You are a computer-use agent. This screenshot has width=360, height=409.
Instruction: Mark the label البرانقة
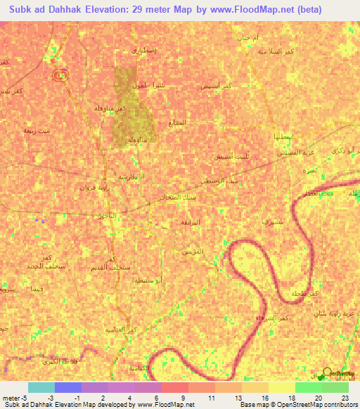click(x=190, y=221)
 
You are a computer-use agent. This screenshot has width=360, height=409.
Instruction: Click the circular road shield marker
click(x=60, y=76)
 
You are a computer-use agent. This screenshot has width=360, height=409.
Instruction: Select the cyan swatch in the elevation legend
click(x=41, y=387)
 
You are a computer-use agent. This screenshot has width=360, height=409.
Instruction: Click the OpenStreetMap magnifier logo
click(x=328, y=372)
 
